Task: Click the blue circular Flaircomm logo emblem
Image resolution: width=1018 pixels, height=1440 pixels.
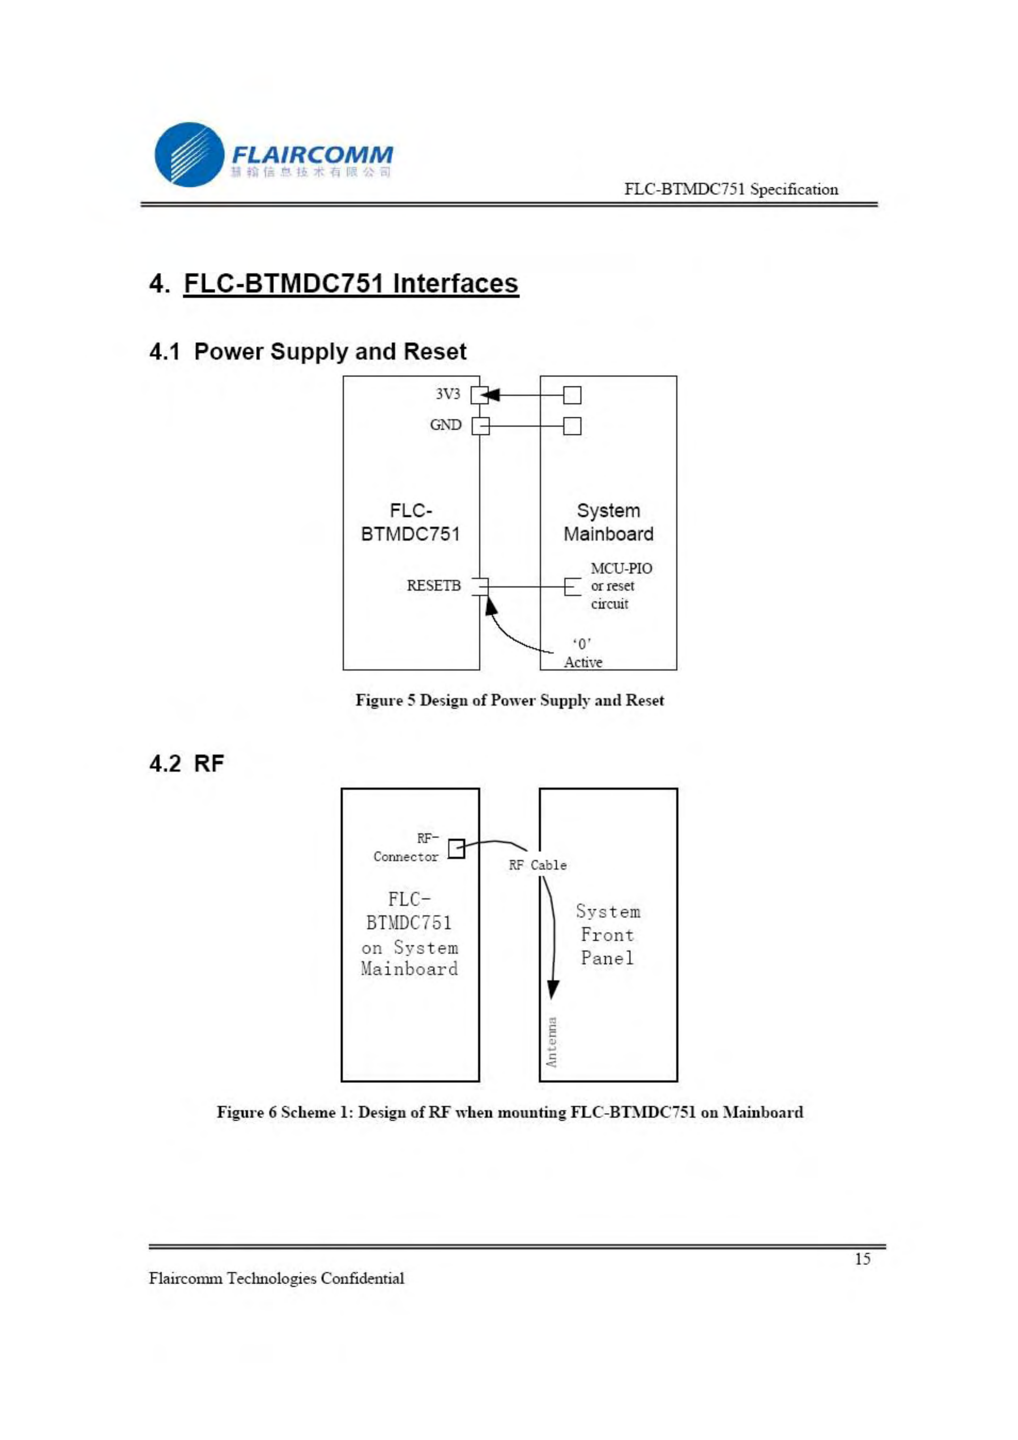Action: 188,154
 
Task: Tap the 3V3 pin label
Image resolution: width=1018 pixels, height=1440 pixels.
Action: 447,394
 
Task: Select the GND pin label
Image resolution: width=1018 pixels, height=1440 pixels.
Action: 445,425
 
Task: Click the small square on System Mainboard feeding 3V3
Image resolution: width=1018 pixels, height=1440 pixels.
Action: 572,395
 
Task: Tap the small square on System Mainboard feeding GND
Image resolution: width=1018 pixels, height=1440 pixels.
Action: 572,426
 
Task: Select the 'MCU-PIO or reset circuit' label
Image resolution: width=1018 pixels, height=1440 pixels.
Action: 620,586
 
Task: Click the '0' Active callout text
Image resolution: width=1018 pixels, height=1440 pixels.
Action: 582,653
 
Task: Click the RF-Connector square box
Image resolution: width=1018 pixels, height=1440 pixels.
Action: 456,849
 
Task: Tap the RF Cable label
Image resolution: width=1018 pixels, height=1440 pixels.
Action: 537,865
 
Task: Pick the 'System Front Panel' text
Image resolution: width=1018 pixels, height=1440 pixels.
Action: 607,934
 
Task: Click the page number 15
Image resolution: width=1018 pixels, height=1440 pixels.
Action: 863,1259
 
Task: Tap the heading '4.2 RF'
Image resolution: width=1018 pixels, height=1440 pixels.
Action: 186,763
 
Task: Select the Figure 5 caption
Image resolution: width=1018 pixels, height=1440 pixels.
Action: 509,700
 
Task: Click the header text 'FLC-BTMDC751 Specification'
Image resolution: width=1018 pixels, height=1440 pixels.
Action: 730,189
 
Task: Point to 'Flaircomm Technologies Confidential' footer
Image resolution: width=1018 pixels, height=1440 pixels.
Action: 276,1278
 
